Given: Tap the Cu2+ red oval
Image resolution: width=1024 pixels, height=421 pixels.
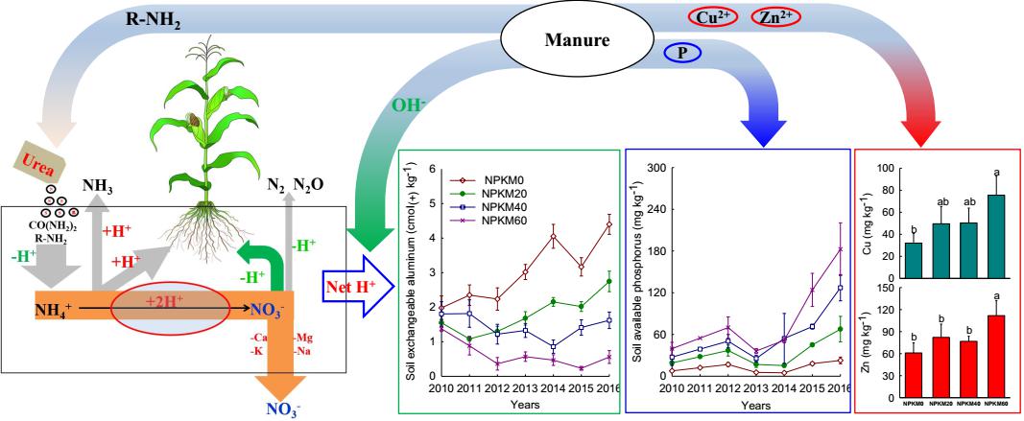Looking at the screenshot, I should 712,16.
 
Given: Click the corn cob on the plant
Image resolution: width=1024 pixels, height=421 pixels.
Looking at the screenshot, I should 195,122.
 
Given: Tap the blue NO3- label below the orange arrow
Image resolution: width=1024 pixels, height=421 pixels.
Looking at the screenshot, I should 289,409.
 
